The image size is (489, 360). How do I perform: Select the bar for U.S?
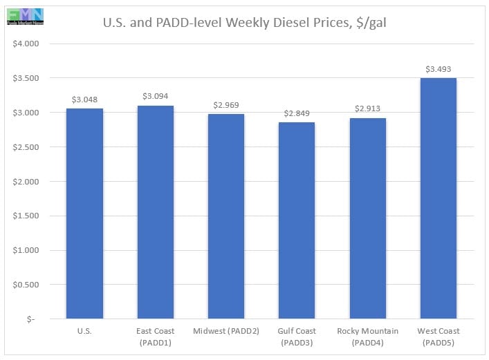coord(84,214)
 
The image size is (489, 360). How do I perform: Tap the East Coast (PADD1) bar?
coord(155,212)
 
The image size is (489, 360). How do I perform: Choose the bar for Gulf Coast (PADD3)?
coord(297,220)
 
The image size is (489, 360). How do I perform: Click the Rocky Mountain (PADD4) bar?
coord(367,218)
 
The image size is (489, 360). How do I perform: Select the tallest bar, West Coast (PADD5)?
coord(439,198)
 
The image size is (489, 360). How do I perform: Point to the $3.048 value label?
coord(84,100)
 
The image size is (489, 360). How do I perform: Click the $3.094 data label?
coord(155,96)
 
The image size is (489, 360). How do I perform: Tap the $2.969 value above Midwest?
coord(226,105)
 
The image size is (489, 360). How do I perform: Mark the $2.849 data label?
coord(297,113)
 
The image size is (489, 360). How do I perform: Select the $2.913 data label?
coord(367,108)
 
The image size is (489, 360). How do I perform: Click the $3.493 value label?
coord(439,68)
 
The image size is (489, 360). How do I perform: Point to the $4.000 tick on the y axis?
coord(27,44)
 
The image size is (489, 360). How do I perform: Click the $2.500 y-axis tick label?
coord(27,147)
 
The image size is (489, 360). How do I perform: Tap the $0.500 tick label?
coord(27,285)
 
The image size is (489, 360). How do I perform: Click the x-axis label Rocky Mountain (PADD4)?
coord(367,337)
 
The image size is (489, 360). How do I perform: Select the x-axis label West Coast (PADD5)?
coord(439,337)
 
